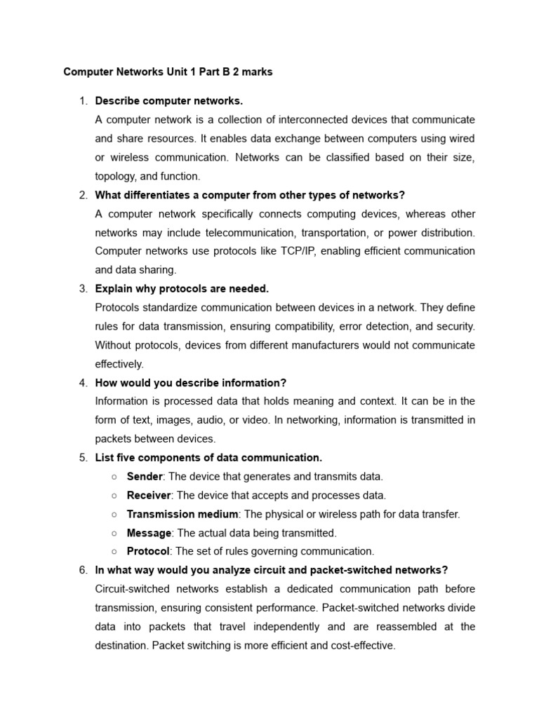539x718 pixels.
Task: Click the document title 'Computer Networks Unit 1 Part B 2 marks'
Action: tap(168, 72)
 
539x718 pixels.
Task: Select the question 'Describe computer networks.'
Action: tap(168, 101)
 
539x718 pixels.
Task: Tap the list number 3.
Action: tap(83, 288)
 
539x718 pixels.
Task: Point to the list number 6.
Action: tap(83, 570)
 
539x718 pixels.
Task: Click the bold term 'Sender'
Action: tap(144, 476)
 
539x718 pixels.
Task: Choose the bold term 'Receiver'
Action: tap(149, 495)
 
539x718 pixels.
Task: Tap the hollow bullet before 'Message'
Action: tap(114, 533)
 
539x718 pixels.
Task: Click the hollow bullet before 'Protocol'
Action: tap(114, 552)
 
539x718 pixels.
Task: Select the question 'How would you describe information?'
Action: tap(190, 383)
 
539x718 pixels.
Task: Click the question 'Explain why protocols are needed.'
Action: tap(182, 288)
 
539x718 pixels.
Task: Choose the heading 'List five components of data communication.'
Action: tap(208, 458)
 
